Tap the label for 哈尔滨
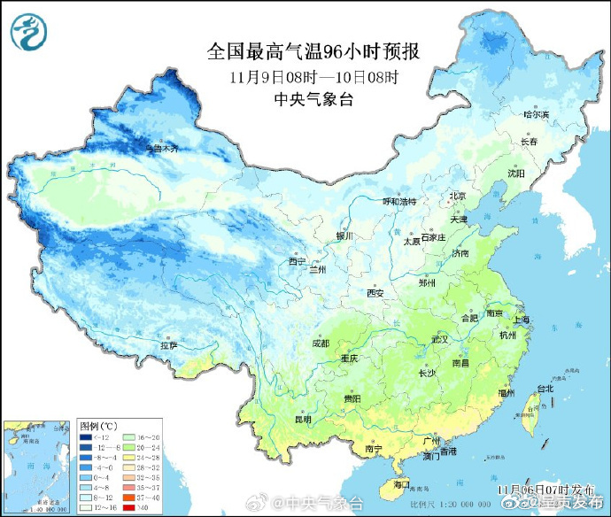pyautogui.click(x=536, y=114)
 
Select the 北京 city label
pyautogui.click(x=457, y=196)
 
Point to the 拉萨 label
pyautogui.click(x=168, y=344)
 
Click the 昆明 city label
pyautogui.click(x=302, y=419)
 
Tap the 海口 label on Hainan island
pyautogui.click(x=401, y=484)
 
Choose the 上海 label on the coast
pyautogui.click(x=524, y=319)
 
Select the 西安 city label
pyautogui.click(x=375, y=292)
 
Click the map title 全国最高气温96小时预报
pyautogui.click(x=313, y=51)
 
